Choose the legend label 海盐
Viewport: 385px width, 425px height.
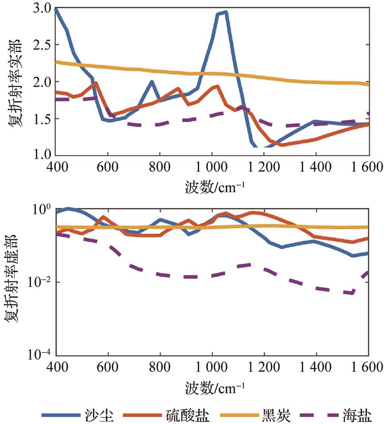[x=357, y=416]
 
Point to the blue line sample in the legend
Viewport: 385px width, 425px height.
[x=60, y=416]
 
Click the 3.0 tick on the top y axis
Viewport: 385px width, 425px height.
[x=39, y=8]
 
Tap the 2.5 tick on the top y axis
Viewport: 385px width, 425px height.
[x=39, y=46]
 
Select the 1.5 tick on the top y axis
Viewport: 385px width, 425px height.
[x=39, y=119]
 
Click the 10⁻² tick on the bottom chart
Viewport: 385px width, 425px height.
[x=37, y=282]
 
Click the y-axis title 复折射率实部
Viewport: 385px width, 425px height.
[x=13, y=82]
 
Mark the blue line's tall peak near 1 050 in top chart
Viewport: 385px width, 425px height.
[x=226, y=12]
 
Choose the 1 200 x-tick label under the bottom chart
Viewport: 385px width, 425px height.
[x=264, y=367]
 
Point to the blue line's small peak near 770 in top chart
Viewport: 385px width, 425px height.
[x=152, y=82]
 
